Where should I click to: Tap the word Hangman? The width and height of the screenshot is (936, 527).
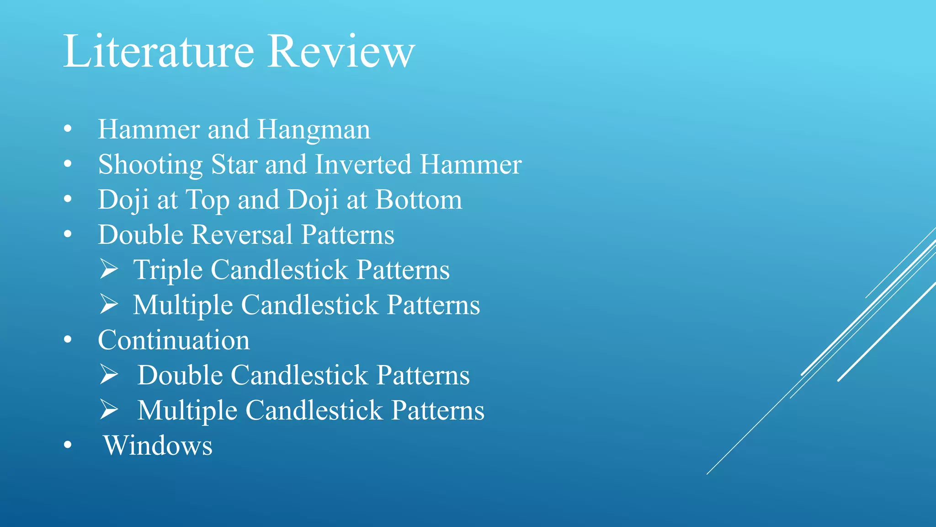[314, 130]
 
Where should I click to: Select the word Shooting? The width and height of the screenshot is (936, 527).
[150, 165]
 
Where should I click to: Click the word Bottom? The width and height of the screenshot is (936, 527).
[419, 200]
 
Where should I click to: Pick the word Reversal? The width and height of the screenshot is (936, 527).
[242, 235]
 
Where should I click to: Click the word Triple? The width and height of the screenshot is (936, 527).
[168, 270]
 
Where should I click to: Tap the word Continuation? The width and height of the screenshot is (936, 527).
[174, 340]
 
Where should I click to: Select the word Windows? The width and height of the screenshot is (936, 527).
[158, 446]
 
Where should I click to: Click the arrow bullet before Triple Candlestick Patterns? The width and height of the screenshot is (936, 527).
[109, 269]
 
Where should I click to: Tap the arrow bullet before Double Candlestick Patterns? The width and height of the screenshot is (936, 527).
[109, 375]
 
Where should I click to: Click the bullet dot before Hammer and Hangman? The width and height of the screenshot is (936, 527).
[68, 129]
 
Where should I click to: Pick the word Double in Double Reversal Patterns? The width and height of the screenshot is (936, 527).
[141, 235]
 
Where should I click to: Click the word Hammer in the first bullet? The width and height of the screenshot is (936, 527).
[149, 129]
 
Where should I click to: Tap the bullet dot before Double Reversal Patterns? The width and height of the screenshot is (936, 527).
[68, 234]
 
